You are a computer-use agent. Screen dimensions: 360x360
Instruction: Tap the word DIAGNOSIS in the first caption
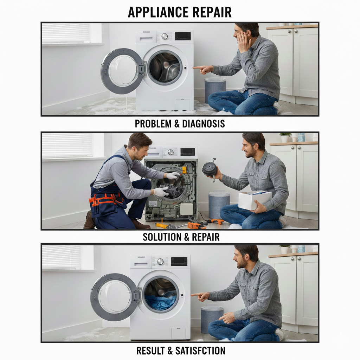point(204,124)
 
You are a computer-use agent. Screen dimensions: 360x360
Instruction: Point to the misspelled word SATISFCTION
point(200,351)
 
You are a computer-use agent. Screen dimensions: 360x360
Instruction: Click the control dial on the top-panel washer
point(165,36)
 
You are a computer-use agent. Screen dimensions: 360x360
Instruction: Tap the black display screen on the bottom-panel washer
point(179,262)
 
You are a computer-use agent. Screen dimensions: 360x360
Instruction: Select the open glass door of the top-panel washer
point(122,71)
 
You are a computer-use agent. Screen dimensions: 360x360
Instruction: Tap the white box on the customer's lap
point(255,200)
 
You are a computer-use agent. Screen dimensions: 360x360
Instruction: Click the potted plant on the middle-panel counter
point(285,137)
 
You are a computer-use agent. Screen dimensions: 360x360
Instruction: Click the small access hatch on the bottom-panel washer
point(178,334)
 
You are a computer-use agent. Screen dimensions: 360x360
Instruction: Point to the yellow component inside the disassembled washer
point(184,170)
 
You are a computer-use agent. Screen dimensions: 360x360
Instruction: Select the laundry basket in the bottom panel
point(212,319)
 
